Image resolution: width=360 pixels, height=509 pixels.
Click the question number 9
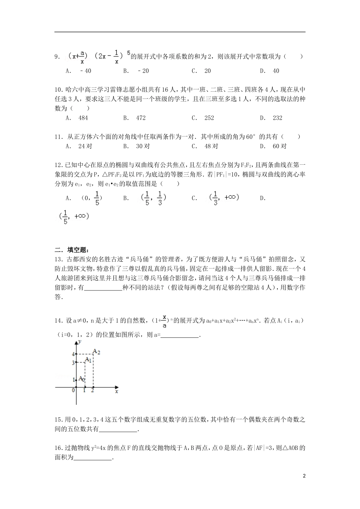57,57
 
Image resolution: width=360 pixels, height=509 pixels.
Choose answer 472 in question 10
141,118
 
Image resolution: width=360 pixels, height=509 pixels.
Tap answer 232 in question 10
277,118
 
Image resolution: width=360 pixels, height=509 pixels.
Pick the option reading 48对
211,146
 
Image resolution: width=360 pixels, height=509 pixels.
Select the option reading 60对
280,146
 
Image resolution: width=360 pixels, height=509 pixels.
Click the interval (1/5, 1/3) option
153,198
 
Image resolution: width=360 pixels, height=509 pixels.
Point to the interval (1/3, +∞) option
224,198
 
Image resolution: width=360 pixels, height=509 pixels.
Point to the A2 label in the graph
96,352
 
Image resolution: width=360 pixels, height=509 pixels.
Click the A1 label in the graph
88,359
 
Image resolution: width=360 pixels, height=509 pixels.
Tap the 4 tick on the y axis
73,354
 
